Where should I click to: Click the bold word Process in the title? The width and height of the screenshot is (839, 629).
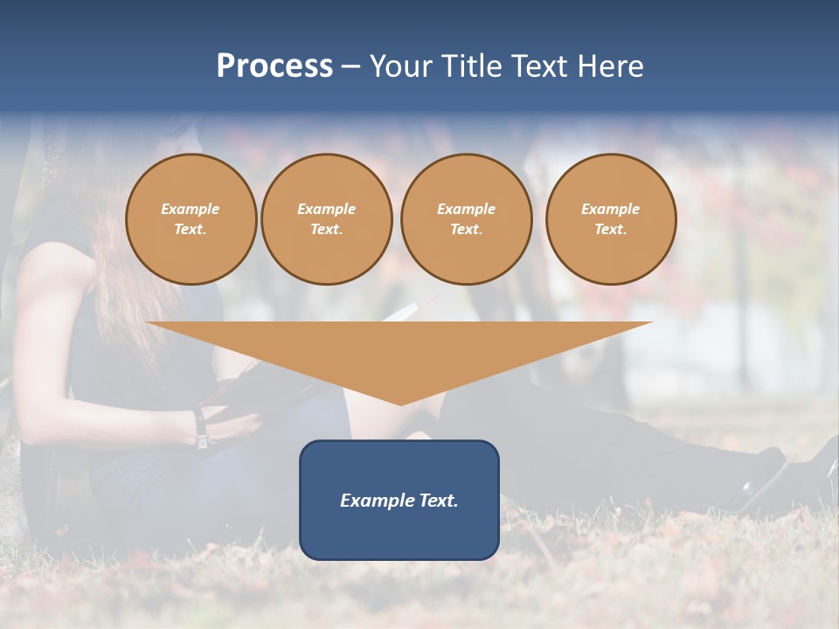pyautogui.click(x=274, y=66)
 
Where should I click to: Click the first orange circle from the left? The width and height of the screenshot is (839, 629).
pyautogui.click(x=191, y=219)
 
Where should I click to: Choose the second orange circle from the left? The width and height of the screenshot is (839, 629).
pyautogui.click(x=326, y=219)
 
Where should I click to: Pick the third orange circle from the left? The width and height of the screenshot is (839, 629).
pyautogui.click(x=466, y=219)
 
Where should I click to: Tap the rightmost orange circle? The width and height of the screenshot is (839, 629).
pyautogui.click(x=610, y=219)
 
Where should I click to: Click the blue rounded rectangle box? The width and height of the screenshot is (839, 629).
pyautogui.click(x=399, y=500)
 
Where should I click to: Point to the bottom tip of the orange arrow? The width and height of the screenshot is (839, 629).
pyautogui.click(x=400, y=404)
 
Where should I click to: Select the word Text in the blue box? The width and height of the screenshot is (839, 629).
pyautogui.click(x=439, y=501)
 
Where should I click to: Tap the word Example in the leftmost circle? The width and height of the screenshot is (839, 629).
pyautogui.click(x=191, y=209)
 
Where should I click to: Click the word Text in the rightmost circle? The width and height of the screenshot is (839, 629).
pyautogui.click(x=610, y=230)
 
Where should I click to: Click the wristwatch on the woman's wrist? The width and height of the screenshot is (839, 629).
pyautogui.click(x=201, y=429)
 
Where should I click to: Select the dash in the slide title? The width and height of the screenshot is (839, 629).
pyautogui.click(x=350, y=66)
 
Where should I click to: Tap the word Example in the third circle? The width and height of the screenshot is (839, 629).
pyautogui.click(x=466, y=209)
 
